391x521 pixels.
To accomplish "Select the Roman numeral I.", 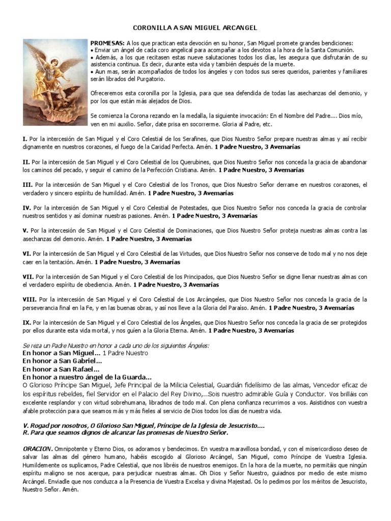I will [x=24, y=139].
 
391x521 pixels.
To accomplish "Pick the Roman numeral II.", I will [x=26, y=162].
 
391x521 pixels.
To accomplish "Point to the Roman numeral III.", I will [x=27, y=185].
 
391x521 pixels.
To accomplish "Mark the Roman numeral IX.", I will [x=27, y=323].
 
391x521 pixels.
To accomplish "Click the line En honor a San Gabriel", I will [x=63, y=361].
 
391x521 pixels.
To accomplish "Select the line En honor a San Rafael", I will [x=61, y=369].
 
